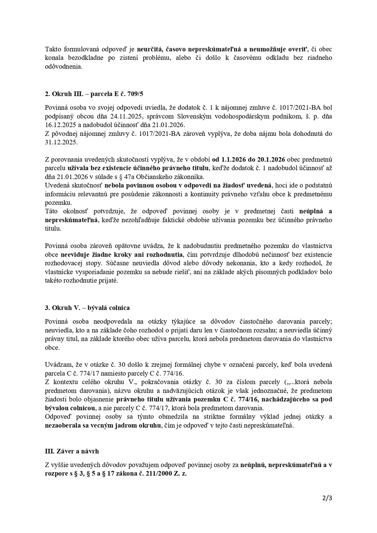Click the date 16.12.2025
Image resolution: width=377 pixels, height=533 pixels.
(x=58, y=124)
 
